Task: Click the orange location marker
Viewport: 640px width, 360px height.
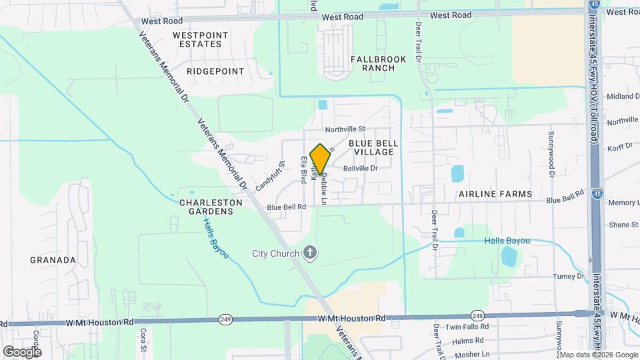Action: pos(320,159)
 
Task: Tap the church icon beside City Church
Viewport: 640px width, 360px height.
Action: pos(309,253)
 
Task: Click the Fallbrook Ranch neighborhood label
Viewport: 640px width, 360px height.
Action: pos(378,63)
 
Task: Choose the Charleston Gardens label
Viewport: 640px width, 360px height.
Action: pos(206,207)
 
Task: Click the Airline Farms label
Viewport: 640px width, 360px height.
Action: pos(495,194)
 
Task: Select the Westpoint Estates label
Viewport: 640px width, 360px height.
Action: pos(200,39)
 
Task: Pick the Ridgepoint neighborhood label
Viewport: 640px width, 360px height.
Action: pos(215,70)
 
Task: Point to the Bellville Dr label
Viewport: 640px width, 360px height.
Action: pos(361,169)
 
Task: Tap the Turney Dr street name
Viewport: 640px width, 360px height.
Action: pos(569,276)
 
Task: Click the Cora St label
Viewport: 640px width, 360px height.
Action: pos(143,336)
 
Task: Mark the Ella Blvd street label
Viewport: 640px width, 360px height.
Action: pos(304,169)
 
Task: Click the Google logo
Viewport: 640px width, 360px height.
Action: pos(22,351)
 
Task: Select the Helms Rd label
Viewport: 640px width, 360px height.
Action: pos(467,341)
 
